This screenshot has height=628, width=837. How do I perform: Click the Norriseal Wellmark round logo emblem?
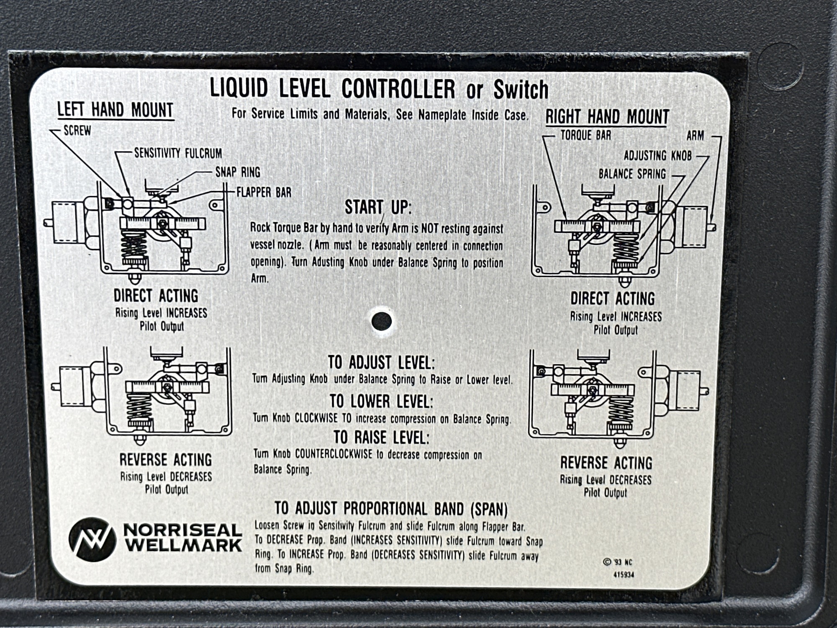(92, 539)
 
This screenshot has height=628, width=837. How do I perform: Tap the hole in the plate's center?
(382, 321)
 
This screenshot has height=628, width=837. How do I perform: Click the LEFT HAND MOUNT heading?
(116, 110)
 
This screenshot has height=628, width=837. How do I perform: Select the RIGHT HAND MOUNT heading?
(607, 116)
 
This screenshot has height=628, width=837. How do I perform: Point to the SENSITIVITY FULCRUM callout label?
(178, 154)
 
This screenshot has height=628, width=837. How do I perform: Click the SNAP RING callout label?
(238, 172)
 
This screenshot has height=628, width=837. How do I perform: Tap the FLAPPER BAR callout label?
(264, 192)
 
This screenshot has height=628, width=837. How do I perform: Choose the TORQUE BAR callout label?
(586, 135)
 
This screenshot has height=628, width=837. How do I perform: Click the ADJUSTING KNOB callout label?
(657, 156)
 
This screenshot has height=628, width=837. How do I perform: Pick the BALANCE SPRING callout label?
(632, 174)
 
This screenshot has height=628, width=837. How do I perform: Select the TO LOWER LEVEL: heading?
(381, 401)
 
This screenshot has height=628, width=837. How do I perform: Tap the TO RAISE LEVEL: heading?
(381, 438)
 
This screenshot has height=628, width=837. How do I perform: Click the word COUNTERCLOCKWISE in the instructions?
(333, 454)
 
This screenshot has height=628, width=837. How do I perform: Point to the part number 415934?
(624, 575)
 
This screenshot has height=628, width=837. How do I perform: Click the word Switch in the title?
(521, 90)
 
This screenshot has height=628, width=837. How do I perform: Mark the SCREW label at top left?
(77, 131)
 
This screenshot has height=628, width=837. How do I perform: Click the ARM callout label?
(695, 136)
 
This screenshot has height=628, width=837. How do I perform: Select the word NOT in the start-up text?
(431, 229)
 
